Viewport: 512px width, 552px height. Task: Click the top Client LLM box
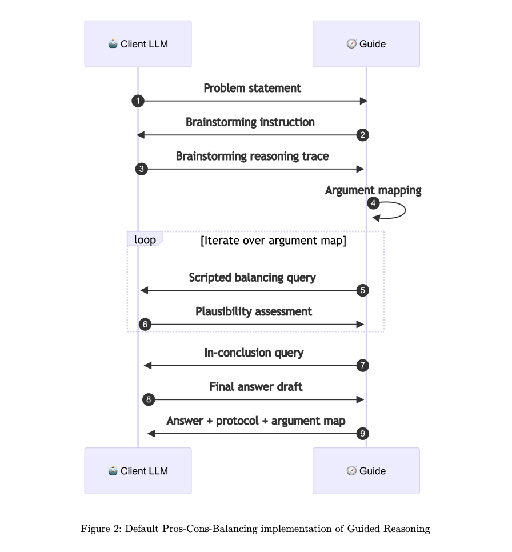point(138,44)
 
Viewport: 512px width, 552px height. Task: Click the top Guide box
point(366,44)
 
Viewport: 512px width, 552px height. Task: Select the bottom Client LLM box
point(138,471)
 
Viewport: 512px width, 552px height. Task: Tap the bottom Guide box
point(366,471)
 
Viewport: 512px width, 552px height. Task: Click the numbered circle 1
point(138,101)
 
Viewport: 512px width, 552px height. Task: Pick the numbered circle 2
point(362,135)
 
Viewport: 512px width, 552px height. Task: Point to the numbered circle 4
point(373,203)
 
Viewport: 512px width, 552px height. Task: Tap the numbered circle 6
point(145,325)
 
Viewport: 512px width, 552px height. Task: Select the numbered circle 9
point(362,434)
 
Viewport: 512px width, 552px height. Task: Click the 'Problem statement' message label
point(252,88)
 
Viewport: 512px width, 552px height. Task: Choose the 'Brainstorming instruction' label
point(250,122)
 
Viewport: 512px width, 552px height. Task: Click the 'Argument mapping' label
point(373,190)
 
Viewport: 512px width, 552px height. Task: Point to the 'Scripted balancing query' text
point(252,278)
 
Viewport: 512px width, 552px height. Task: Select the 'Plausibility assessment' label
point(254,311)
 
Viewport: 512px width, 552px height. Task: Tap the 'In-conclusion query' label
point(254,353)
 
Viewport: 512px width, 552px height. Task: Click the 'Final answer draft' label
point(255,387)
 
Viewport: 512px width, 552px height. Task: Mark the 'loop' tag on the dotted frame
point(145,239)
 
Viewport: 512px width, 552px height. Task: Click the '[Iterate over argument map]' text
point(273,241)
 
